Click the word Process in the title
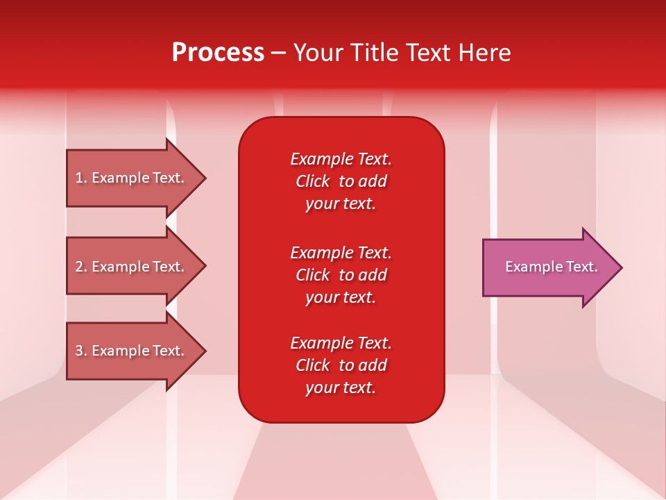(218, 53)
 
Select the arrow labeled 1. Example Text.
(132, 178)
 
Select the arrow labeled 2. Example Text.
(132, 267)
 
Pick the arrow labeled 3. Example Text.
(132, 351)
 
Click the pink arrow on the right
(548, 267)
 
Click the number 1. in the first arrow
(81, 178)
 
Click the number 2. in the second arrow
(81, 267)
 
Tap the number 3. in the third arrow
(81, 351)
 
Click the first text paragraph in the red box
(341, 181)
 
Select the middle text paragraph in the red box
(341, 275)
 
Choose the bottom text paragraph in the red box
(341, 365)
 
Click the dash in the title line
(278, 53)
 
